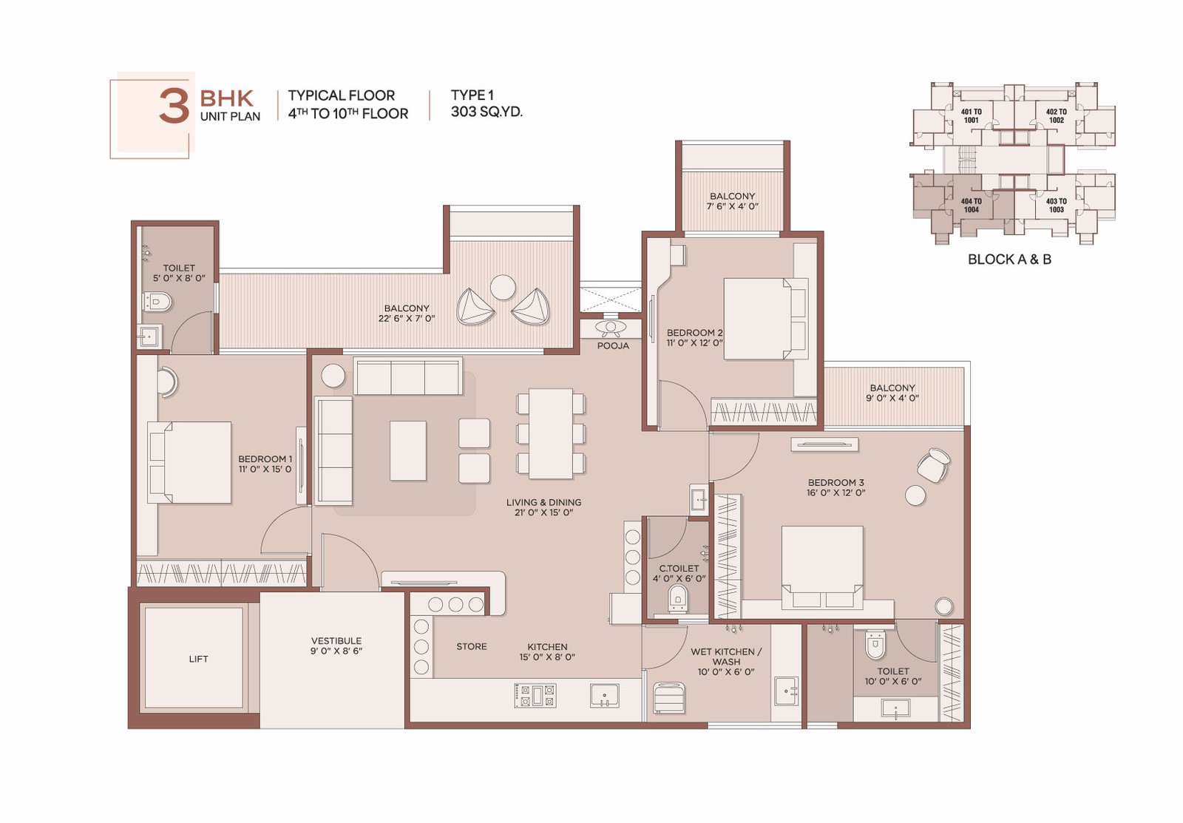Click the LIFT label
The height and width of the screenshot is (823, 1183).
coord(198,659)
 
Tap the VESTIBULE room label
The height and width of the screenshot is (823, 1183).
coord(336,641)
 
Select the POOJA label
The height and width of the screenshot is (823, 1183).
coord(613,345)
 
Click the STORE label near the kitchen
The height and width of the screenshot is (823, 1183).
coord(472,646)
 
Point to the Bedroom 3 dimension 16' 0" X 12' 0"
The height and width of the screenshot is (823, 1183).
coord(835,492)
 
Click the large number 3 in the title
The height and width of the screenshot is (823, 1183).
coord(174,106)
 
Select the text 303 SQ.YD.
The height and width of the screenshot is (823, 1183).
coord(487,112)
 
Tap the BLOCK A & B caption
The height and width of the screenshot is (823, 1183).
coord(1009,260)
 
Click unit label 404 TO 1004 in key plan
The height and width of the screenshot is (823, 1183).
coord(972,205)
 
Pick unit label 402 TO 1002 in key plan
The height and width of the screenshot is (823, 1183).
coord(1057,115)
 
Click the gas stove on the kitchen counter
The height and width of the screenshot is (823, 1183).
coord(535,695)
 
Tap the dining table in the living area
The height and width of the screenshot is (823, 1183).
coord(551,433)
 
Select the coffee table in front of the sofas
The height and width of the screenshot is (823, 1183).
coord(407,450)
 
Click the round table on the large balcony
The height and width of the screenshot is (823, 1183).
coord(502,288)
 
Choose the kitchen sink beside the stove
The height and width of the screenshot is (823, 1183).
coord(604,695)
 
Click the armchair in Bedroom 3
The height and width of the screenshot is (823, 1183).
coord(933,464)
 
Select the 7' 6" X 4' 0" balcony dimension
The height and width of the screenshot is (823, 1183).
coord(732,206)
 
